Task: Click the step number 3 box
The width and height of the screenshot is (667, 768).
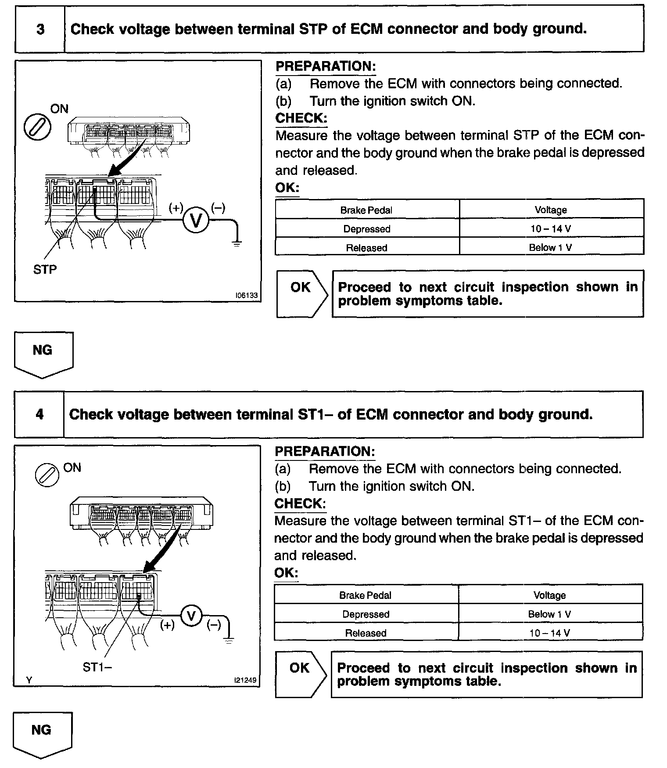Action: click(x=40, y=29)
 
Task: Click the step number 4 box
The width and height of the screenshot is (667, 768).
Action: click(x=39, y=414)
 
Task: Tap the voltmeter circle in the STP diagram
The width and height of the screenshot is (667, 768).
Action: click(x=195, y=220)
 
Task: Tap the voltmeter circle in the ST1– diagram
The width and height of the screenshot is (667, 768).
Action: click(x=191, y=616)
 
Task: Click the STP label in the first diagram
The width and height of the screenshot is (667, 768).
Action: click(x=45, y=269)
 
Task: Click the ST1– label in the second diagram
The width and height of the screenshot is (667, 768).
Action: click(x=97, y=667)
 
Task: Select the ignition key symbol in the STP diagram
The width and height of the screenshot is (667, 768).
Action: click(x=37, y=127)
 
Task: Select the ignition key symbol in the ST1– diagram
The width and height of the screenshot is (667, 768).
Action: click(x=47, y=475)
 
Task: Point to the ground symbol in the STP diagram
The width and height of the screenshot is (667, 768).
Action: click(x=237, y=243)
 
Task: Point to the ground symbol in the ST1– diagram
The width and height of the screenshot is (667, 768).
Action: click(x=229, y=640)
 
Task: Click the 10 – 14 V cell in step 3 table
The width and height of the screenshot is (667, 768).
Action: click(x=551, y=229)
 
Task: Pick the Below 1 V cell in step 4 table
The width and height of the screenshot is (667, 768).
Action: click(x=549, y=614)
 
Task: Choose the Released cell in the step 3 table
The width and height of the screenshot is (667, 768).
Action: click(x=366, y=248)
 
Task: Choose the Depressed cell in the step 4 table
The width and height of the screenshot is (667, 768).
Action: click(x=366, y=614)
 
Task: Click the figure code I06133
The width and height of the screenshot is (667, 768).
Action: click(x=247, y=296)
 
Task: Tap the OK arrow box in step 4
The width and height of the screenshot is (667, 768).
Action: click(x=301, y=674)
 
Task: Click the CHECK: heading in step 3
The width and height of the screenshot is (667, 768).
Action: click(x=301, y=118)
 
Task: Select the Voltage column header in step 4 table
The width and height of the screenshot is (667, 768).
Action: click(x=549, y=595)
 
